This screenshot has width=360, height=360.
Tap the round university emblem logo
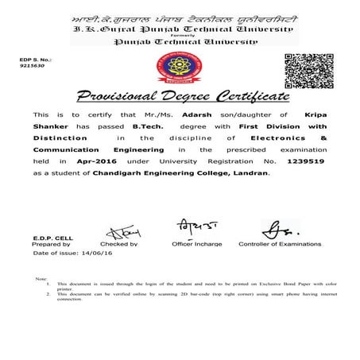pyautogui.click(x=180, y=69)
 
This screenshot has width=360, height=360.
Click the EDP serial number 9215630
pyautogui.click(x=32, y=67)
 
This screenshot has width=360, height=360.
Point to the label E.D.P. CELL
pyautogui.click(x=53, y=238)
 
